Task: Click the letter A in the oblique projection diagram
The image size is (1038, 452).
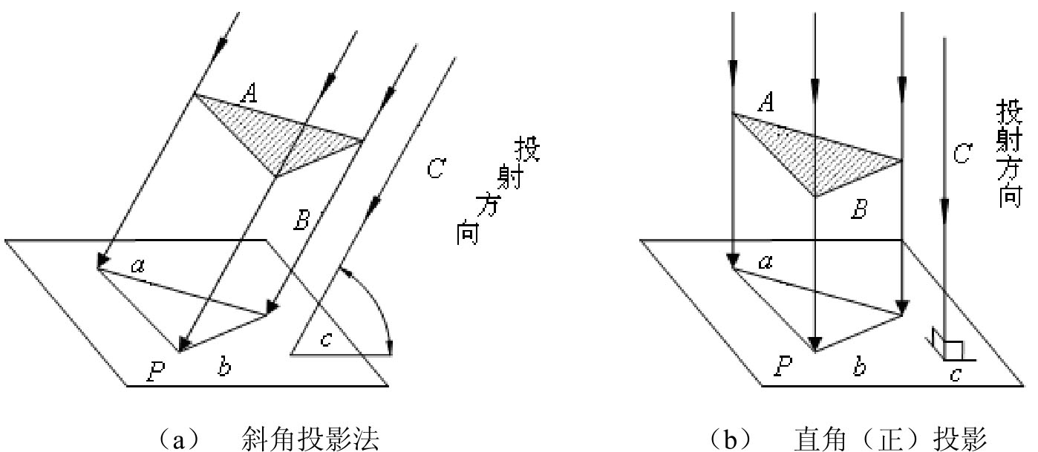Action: click(x=249, y=94)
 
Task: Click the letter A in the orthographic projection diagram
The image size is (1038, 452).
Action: click(x=766, y=102)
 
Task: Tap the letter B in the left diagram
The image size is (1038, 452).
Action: click(x=302, y=220)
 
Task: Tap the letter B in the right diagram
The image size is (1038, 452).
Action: click(x=860, y=209)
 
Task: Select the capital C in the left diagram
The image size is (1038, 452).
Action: click(x=436, y=168)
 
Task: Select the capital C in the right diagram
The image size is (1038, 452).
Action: click(x=962, y=154)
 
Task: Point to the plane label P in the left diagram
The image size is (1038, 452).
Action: click(x=156, y=371)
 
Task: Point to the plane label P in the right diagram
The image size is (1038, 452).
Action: click(x=783, y=366)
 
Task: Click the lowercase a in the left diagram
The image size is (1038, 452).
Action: click(x=138, y=266)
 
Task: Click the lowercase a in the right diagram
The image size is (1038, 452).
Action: click(x=766, y=263)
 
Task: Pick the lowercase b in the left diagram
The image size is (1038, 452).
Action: click(x=225, y=366)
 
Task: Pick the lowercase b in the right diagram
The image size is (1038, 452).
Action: click(x=860, y=366)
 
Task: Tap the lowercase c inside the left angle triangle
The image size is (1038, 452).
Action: click(x=326, y=339)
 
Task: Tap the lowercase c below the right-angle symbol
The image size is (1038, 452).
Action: click(x=955, y=374)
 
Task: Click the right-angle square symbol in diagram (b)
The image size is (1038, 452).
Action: click(x=953, y=350)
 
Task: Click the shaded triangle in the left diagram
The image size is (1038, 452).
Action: click(x=278, y=134)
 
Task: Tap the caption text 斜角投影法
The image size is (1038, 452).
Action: click(x=310, y=439)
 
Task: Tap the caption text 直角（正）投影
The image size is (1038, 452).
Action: click(x=890, y=439)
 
